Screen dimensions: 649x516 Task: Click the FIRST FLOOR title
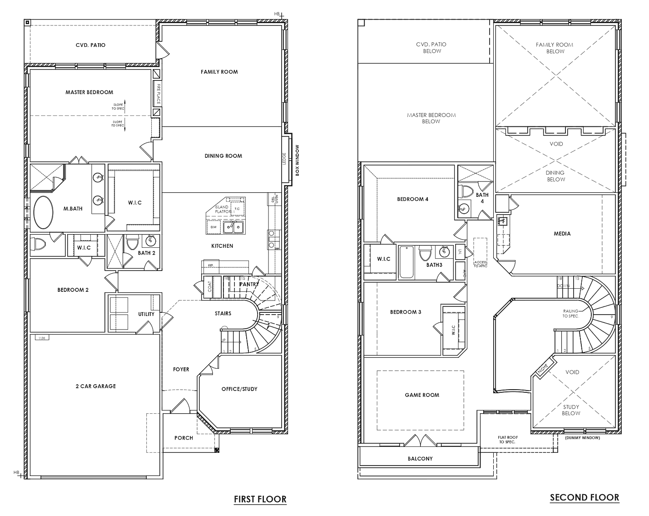(x=260, y=499)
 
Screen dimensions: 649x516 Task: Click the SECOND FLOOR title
(x=584, y=497)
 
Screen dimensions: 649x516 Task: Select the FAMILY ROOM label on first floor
(x=219, y=72)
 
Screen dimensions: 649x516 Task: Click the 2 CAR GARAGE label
(x=95, y=386)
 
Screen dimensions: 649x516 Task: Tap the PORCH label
(x=183, y=438)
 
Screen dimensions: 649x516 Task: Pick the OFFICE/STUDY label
(x=239, y=389)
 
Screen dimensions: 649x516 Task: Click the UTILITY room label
(x=146, y=314)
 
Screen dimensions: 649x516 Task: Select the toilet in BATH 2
(x=132, y=243)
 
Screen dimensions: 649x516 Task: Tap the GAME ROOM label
(x=422, y=395)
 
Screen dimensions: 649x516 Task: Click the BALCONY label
(x=420, y=459)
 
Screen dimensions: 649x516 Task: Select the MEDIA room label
(x=562, y=234)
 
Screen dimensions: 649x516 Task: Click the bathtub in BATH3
(x=406, y=262)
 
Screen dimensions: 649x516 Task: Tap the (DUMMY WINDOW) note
(x=582, y=438)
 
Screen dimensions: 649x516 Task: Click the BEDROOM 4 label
(x=412, y=199)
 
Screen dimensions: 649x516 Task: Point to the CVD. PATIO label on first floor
(x=90, y=45)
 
